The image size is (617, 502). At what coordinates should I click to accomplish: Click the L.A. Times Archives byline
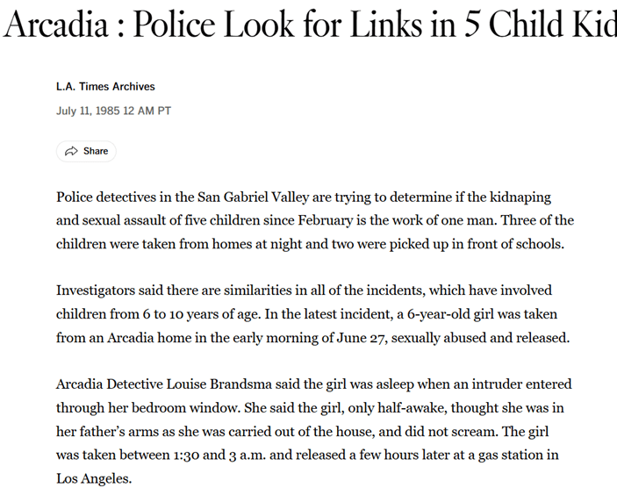point(105,87)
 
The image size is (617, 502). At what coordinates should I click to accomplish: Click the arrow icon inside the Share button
point(72,151)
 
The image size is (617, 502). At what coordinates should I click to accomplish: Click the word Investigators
point(97,290)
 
